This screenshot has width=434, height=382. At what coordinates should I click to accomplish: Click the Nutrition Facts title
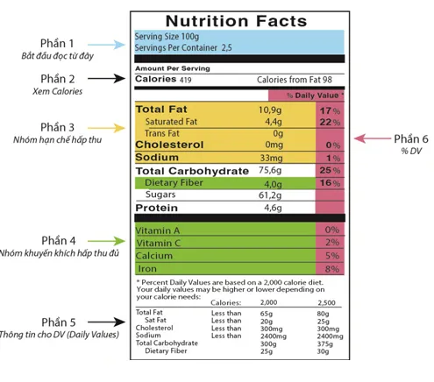click(x=236, y=21)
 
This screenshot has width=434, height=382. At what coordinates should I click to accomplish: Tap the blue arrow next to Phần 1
click(x=106, y=45)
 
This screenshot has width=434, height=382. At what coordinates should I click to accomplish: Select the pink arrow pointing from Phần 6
click(x=373, y=138)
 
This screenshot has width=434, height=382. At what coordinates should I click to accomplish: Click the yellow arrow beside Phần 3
click(x=106, y=128)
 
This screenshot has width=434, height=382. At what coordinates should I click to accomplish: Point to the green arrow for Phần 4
click(x=106, y=241)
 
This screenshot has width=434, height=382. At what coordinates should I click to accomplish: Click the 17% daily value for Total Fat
click(x=330, y=111)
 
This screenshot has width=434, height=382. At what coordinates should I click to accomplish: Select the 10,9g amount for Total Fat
click(x=270, y=110)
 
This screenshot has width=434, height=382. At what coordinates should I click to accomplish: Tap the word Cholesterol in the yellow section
click(x=169, y=145)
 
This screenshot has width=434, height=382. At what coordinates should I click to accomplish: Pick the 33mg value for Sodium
click(x=272, y=158)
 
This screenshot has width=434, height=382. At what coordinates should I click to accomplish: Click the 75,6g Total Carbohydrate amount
click(x=270, y=170)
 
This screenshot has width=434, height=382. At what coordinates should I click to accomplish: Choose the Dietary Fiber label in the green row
click(x=174, y=183)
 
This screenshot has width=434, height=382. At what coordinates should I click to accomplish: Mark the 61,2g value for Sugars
click(x=270, y=195)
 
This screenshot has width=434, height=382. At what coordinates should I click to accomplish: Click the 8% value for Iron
click(x=332, y=269)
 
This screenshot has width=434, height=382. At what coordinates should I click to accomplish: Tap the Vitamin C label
click(x=158, y=243)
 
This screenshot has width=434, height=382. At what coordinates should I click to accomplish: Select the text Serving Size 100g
click(x=167, y=37)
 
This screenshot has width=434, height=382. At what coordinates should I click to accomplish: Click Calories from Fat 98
click(x=295, y=80)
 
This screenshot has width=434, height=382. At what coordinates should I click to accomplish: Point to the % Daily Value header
click(x=315, y=95)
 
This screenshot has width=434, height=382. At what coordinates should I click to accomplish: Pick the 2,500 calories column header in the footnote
click(x=326, y=302)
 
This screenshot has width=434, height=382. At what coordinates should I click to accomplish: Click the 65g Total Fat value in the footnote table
click(x=267, y=314)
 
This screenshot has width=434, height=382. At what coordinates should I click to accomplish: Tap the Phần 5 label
click(x=59, y=322)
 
